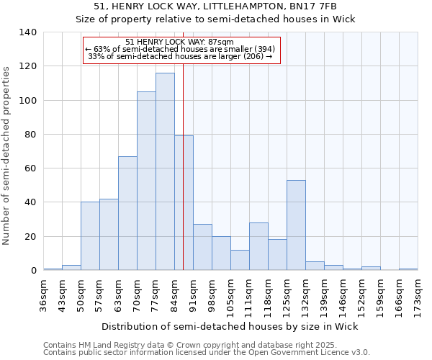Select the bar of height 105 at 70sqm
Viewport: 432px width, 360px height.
(x=146, y=181)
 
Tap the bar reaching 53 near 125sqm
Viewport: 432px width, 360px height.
(x=296, y=225)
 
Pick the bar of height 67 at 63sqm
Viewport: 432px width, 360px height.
(x=127, y=213)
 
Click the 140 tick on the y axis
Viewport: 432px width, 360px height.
(x=28, y=32)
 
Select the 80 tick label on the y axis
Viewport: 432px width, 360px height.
(x=31, y=135)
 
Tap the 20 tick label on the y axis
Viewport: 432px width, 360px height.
(x=31, y=237)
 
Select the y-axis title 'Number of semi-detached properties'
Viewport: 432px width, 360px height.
(x=7, y=155)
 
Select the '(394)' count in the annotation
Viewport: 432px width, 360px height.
(x=262, y=49)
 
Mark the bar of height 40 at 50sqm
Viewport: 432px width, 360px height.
(x=90, y=236)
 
